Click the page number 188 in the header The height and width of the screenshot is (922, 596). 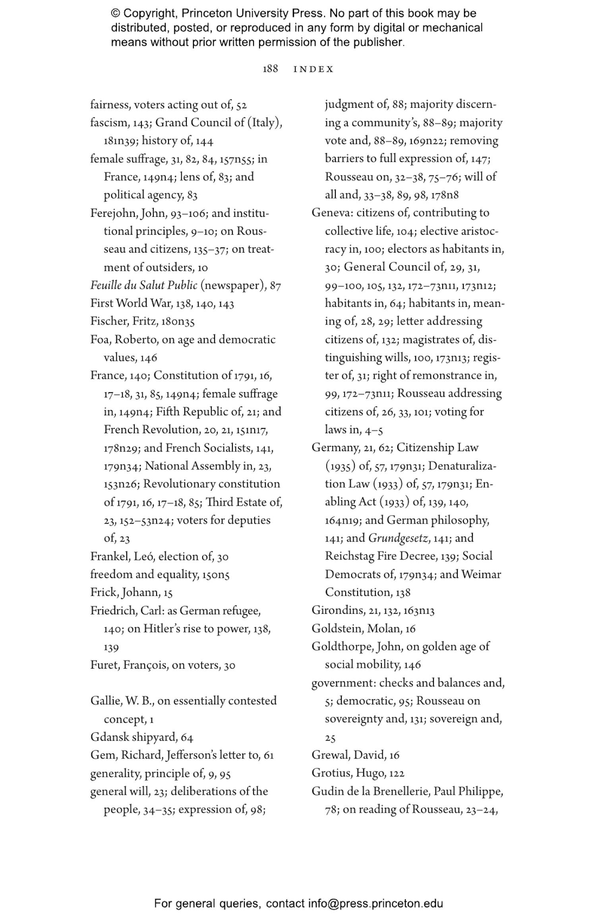coord(270,69)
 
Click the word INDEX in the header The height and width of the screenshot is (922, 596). coord(313,69)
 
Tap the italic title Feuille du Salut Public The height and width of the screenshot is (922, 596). coord(143,285)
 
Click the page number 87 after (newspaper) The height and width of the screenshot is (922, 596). coord(275,286)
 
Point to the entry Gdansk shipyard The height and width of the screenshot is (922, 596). coord(134,737)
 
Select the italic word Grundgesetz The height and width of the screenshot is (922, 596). coord(398,538)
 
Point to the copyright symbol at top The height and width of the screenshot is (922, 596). coord(115,14)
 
